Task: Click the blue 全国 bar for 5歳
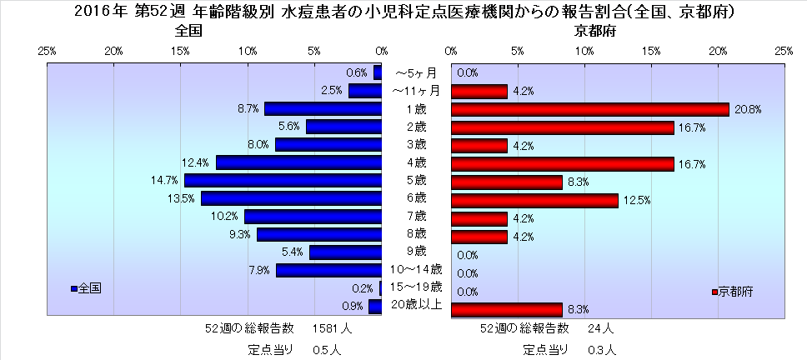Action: point(283,180)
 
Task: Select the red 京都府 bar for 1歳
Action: point(589,109)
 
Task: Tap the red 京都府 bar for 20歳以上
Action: point(506,310)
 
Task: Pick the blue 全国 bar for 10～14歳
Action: point(329,270)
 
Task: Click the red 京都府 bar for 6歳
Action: point(534,200)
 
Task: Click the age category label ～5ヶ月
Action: point(416,73)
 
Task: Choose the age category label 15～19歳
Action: point(416,288)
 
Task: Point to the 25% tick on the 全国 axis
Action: point(48,51)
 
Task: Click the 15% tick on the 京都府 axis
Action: point(651,51)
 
